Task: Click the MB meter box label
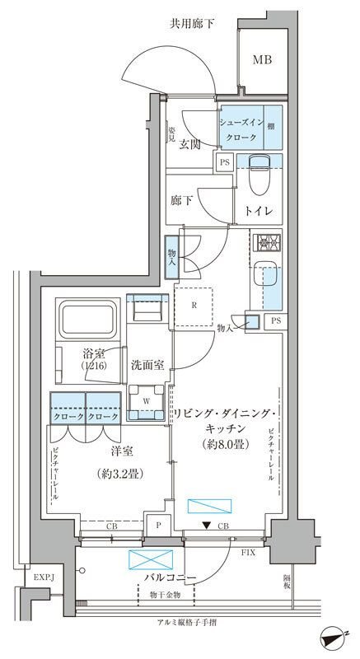coord(263,59)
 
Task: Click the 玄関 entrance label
coord(193,146)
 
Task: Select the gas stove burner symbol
coord(269,242)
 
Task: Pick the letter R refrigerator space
coord(194,304)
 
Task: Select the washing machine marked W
coord(146,401)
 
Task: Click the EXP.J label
coord(43,578)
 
